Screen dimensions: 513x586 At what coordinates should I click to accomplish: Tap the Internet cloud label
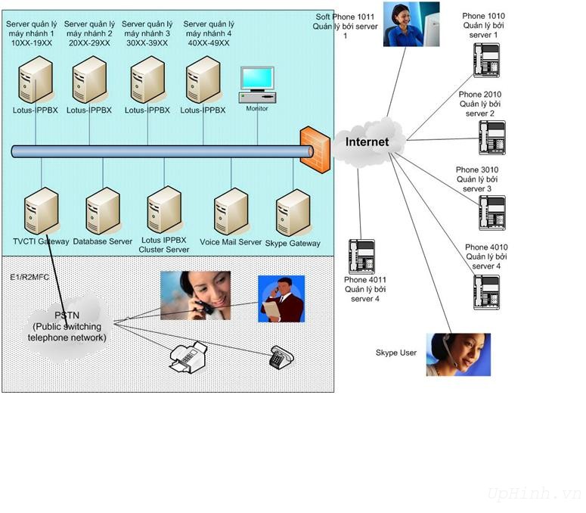(x=367, y=142)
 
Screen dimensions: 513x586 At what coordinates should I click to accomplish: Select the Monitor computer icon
(x=257, y=84)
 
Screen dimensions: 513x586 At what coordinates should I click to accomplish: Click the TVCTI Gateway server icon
(x=40, y=213)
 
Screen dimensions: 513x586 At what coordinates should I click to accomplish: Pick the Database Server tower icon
(x=103, y=213)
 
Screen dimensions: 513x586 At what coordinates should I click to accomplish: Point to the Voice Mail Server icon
(x=231, y=213)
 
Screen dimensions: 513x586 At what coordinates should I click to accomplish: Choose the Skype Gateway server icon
(x=293, y=214)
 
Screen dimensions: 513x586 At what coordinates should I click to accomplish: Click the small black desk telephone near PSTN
(x=281, y=357)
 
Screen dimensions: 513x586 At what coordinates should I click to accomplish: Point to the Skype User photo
(x=458, y=354)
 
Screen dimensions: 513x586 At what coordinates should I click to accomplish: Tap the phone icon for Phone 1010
(x=486, y=60)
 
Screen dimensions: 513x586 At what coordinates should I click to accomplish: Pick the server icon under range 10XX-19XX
(x=36, y=79)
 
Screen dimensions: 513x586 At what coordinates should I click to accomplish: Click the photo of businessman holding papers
(x=281, y=299)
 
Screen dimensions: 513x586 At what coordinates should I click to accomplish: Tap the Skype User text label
(x=396, y=353)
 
